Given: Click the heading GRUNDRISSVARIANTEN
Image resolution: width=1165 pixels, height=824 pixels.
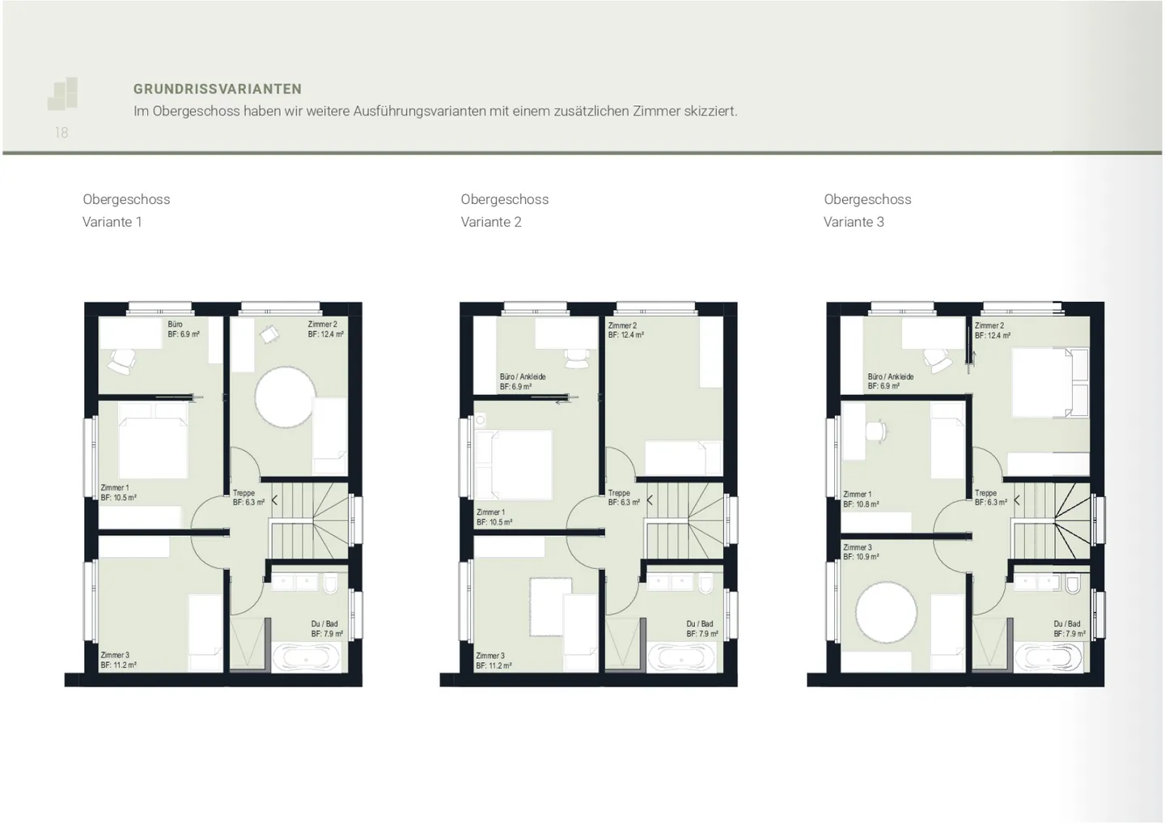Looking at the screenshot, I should tap(218, 89).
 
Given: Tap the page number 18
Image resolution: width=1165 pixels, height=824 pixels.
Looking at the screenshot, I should tap(61, 133).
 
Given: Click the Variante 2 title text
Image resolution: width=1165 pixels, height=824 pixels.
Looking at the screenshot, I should tap(491, 222).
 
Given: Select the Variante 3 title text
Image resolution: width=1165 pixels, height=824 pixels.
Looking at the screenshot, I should tap(854, 222).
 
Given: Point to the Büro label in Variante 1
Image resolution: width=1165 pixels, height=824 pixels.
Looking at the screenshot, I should tap(175, 325).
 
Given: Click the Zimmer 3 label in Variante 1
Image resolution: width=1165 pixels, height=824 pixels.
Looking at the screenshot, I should tap(115, 655).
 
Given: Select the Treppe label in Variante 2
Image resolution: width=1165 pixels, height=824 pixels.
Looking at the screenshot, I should tap(619, 493).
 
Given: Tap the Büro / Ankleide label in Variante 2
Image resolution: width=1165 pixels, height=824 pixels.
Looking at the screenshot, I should tap(523, 377).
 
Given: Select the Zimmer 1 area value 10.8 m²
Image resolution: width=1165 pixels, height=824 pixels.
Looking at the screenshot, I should tap(861, 504).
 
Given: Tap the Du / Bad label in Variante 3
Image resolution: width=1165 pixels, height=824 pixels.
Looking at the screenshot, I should tap(1067, 624).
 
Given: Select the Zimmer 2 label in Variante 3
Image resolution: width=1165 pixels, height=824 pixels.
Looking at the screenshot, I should tap(989, 325).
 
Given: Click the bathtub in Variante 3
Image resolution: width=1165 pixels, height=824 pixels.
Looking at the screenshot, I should tap(1049, 657).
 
